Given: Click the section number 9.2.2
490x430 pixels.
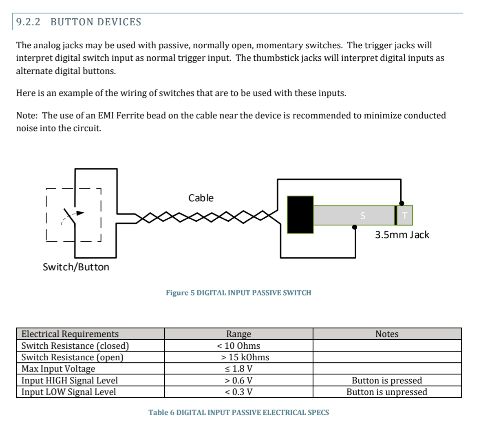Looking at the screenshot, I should pyautogui.click(x=29, y=22).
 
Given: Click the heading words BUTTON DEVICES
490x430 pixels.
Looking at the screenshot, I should pyautogui.click(x=96, y=22).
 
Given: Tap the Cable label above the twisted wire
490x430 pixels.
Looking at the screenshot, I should pyautogui.click(x=201, y=198).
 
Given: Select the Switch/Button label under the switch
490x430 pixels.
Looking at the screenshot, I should pyautogui.click(x=76, y=267).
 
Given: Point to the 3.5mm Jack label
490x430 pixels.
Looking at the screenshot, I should pyautogui.click(x=402, y=235).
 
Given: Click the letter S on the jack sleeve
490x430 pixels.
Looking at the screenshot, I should pyautogui.click(x=363, y=216).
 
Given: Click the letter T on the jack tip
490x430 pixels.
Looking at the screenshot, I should pyautogui.click(x=405, y=216).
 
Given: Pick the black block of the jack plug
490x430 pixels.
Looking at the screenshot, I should pyautogui.click(x=300, y=215).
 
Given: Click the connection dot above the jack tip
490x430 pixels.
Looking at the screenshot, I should pyautogui.click(x=402, y=203).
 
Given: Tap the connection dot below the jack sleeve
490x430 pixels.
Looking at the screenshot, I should pyautogui.click(x=355, y=227).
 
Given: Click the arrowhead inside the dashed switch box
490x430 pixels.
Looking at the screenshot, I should pyautogui.click(x=80, y=213).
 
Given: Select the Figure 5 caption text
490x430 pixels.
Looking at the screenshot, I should pyautogui.click(x=238, y=293).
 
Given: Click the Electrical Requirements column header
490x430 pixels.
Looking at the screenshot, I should pyautogui.click(x=70, y=334).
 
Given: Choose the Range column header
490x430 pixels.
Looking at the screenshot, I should pyautogui.click(x=238, y=334).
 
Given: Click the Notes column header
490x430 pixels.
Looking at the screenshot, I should pyautogui.click(x=387, y=334).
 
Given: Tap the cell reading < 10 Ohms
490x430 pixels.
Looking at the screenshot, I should pyautogui.click(x=238, y=346).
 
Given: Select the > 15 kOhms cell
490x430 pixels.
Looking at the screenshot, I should pyautogui.click(x=245, y=357).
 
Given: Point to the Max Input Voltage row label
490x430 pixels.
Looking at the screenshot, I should pyautogui.click(x=58, y=369).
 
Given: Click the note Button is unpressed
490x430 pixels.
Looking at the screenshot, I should pyautogui.click(x=387, y=392).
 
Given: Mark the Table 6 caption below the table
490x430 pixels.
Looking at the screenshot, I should pyautogui.click(x=238, y=412).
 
